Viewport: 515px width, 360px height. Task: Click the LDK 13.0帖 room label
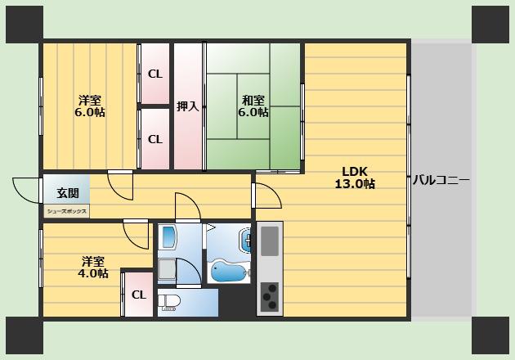pos(355,178)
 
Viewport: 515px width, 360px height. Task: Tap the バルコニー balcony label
pos(441,181)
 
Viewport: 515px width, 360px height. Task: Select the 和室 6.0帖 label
pos(253,106)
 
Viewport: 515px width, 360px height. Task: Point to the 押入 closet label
pos(188,106)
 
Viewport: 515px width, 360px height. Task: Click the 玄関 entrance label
pos(68,193)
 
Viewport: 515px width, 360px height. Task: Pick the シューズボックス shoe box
pos(67,211)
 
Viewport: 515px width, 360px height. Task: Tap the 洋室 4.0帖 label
pos(93,268)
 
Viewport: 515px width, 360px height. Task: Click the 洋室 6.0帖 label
pos(90,106)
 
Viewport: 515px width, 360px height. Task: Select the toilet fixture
pos(169,303)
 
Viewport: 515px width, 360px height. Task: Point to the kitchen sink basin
pos(270,241)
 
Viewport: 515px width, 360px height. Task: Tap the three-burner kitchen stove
pos(270,297)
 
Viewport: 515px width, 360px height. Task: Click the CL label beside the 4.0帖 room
pos(139,295)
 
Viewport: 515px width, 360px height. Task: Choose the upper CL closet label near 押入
pos(155,74)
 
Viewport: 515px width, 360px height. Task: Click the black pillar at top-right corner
pos(490,25)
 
